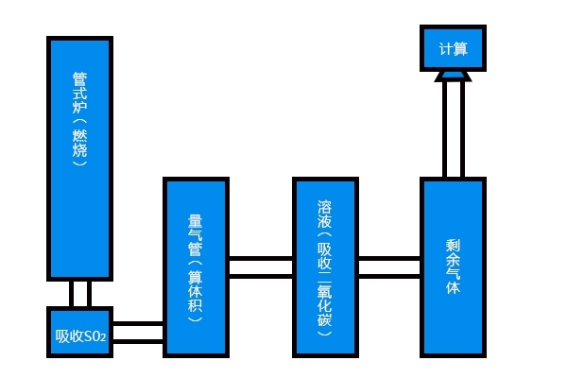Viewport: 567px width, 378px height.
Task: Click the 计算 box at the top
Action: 453,47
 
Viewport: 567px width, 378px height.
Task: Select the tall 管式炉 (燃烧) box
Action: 79,158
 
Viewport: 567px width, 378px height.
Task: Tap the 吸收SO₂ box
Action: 79,335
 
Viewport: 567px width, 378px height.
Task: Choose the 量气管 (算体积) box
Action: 196,267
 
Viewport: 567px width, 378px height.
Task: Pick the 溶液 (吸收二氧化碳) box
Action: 325,267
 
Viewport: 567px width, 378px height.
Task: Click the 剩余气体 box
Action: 453,267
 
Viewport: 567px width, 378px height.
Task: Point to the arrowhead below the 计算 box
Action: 453,75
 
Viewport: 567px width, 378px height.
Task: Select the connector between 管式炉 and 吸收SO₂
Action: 79,293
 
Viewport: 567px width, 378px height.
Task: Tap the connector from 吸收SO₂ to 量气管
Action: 138,333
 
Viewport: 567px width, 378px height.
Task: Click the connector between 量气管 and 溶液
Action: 260,266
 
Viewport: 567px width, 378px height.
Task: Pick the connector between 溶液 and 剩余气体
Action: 389,266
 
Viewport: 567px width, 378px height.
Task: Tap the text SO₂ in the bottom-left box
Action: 94,336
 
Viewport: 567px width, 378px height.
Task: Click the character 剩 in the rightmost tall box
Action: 453,245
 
